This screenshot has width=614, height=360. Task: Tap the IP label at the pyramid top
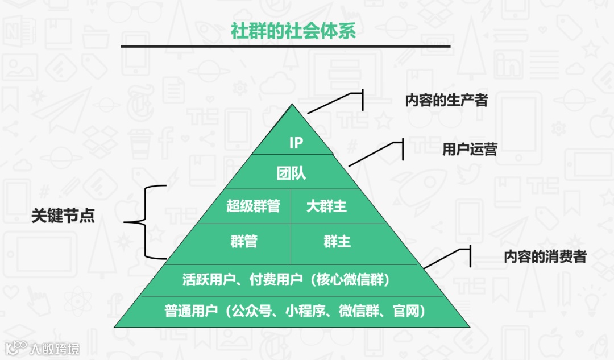(296, 143)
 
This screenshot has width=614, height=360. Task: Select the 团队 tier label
(291, 173)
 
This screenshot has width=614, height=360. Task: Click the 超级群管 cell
(253, 206)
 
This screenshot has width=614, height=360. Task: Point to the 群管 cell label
(244, 241)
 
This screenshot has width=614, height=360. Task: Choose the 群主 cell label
(337, 241)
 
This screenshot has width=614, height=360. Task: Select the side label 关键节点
(63, 216)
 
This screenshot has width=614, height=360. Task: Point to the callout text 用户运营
(470, 150)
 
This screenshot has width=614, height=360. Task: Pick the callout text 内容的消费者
(545, 256)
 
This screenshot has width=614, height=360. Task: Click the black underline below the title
(285, 46)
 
